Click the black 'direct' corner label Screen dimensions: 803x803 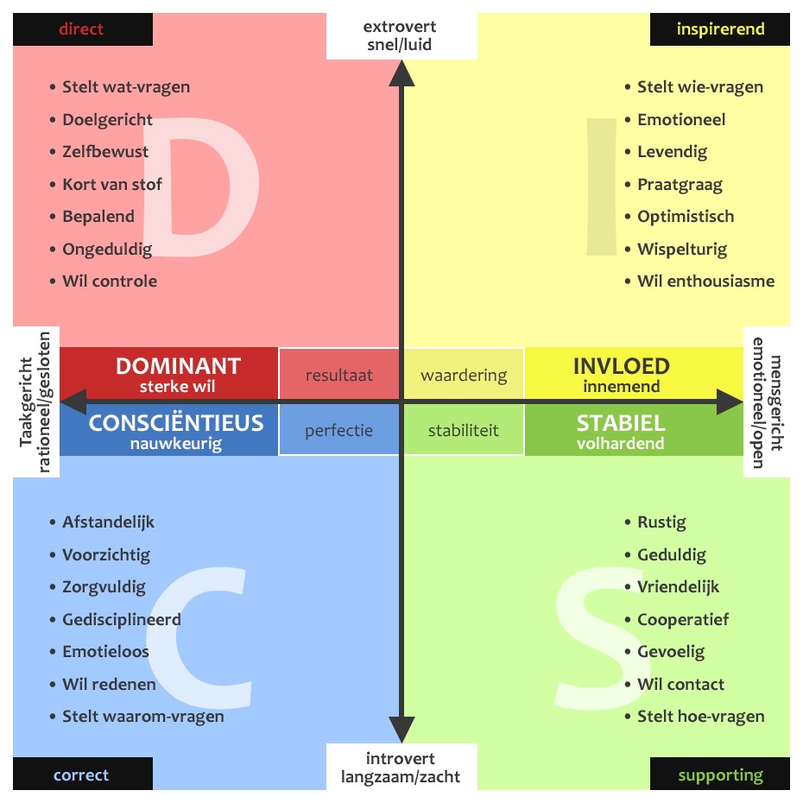[x=82, y=29]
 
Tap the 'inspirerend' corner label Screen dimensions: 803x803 [x=719, y=29]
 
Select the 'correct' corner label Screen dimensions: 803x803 [x=82, y=775]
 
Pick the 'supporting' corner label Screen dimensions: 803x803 [x=719, y=775]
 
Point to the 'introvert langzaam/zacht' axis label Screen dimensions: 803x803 [x=401, y=768]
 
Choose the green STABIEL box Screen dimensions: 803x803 [x=622, y=430]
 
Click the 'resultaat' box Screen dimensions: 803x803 [x=339, y=375]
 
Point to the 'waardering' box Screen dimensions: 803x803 [x=464, y=375]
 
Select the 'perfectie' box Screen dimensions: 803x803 [x=339, y=430]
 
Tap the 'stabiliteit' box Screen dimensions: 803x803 [x=464, y=430]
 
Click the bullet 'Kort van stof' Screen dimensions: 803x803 [x=111, y=184]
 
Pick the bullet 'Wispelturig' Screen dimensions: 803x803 [x=682, y=249]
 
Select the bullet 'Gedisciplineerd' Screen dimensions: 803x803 [x=121, y=619]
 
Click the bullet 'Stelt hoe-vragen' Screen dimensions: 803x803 [x=700, y=716]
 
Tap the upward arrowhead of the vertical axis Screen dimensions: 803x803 [x=401, y=73]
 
